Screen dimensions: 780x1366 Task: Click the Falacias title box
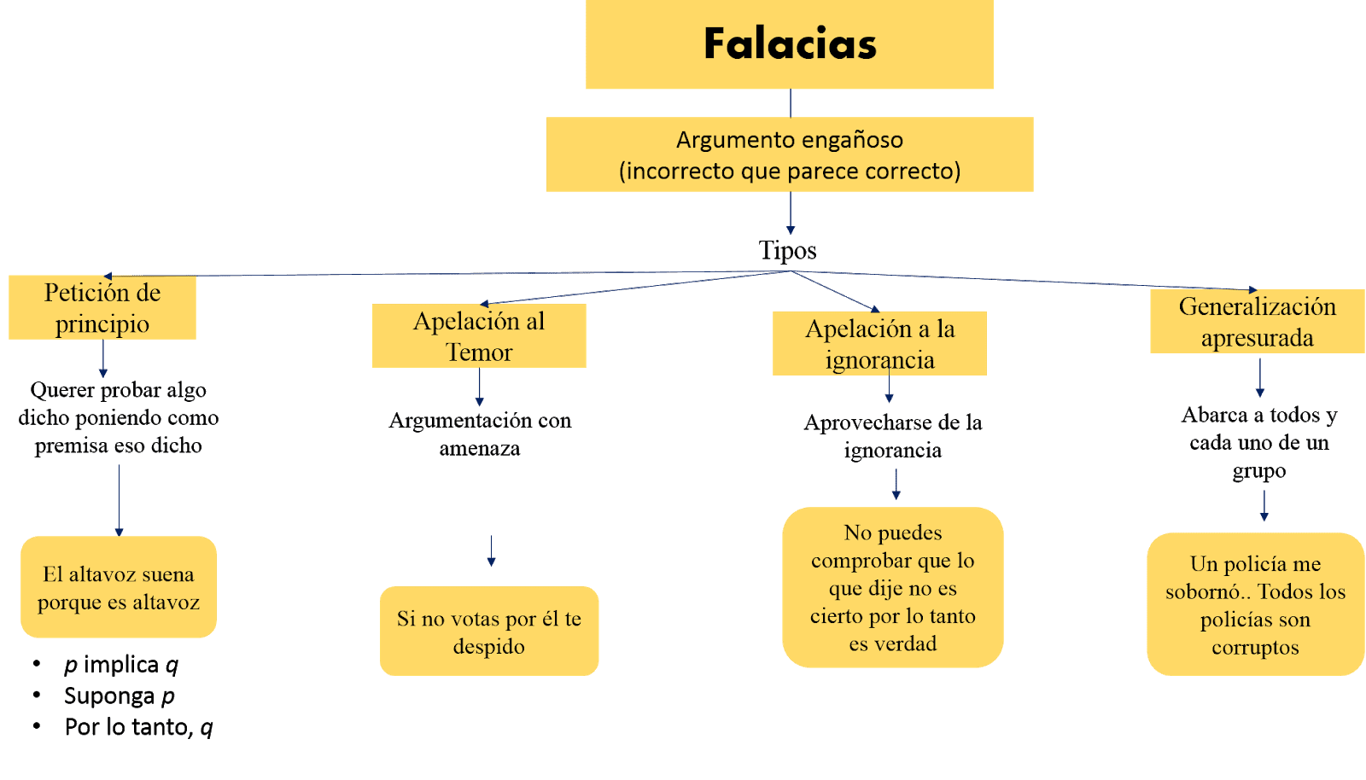[789, 44]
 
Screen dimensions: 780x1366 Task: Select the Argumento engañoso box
[790, 154]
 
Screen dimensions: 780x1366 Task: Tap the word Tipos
[787, 251]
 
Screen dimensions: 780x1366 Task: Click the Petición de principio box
[102, 308]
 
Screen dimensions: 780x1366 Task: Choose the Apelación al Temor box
[479, 336]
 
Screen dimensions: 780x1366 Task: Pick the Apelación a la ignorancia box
[879, 344]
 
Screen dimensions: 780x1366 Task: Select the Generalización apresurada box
[1257, 322]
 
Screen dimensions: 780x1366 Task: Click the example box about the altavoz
[119, 588]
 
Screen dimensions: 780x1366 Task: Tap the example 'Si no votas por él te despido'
[489, 632]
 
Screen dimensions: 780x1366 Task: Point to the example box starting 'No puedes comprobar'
[893, 588]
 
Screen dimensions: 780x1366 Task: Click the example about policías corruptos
[1255, 605]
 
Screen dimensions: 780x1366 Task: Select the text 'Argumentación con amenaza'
[480, 434]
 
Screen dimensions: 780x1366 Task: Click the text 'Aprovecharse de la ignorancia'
[893, 436]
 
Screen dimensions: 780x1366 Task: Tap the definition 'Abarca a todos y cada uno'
[1259, 442]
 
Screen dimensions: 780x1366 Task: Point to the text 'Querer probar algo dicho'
[119, 417]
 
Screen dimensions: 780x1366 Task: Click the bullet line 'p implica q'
[121, 665]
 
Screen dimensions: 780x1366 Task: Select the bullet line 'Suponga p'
[120, 696]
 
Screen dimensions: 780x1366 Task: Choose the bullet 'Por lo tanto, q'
[138, 727]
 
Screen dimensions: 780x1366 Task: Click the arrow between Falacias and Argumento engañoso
[791, 103]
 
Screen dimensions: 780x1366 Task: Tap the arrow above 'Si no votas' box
[491, 551]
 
